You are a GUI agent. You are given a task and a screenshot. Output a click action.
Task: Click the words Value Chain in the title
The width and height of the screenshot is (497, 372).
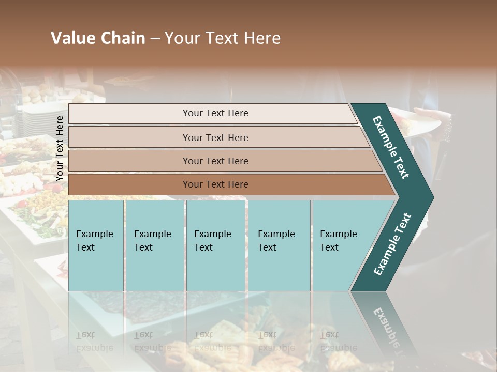point(98,38)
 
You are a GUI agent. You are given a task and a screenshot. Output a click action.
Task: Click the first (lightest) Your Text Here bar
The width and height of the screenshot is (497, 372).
point(129,114)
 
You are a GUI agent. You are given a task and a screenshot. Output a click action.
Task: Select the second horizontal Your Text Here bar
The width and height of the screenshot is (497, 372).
point(129,137)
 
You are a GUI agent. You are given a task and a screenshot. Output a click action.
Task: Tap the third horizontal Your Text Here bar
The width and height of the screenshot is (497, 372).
point(129,161)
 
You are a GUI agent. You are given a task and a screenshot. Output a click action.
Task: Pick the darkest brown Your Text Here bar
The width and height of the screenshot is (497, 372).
point(129,184)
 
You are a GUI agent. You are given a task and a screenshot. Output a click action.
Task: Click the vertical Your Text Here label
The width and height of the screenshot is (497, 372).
point(60,148)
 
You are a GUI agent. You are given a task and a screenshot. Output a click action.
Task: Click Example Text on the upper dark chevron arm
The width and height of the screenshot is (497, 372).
point(391,147)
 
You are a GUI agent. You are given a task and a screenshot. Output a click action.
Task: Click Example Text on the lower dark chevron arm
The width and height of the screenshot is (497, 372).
point(392,244)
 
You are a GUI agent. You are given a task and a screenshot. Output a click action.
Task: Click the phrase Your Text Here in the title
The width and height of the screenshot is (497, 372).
point(223,38)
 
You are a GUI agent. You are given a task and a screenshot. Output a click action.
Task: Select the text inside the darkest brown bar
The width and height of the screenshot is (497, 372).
point(215,184)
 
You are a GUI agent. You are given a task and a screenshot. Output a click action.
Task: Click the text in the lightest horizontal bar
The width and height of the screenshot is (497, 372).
point(215,113)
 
